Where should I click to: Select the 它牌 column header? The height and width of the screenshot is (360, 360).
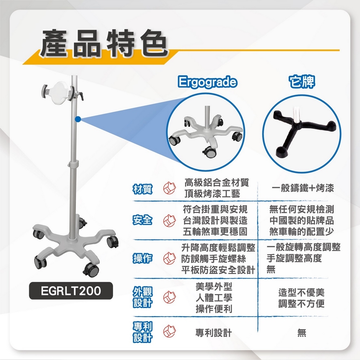click(302, 82)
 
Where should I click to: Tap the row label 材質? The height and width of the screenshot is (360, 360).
click(143, 189)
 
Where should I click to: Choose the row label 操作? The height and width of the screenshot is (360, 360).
click(143, 258)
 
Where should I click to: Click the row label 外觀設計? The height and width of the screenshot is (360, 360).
click(143, 297)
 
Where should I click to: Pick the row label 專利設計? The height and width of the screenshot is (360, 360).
click(143, 332)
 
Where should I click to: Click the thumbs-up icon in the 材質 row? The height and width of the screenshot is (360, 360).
click(169, 189)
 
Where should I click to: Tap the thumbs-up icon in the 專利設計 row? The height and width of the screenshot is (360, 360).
click(169, 332)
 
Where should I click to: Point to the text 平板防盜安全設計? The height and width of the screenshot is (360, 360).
click(218, 270)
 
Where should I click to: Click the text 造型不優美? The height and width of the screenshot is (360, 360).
click(302, 292)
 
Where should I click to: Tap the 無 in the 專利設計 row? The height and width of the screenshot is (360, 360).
click(302, 333)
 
